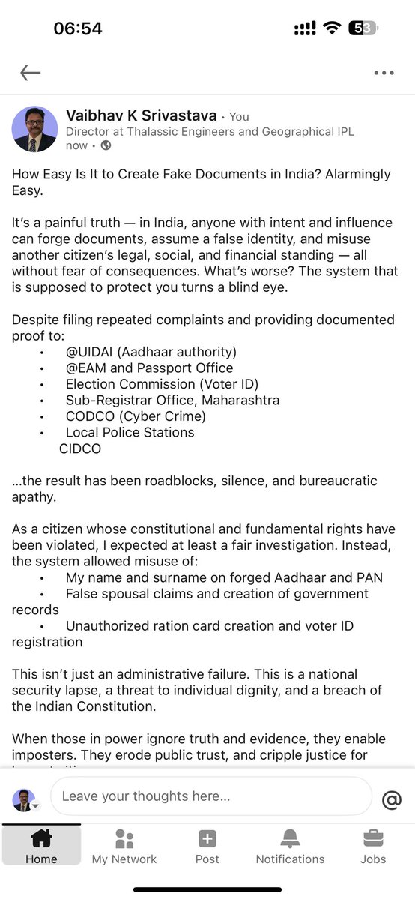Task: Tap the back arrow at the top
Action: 31,73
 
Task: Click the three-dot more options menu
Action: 383,73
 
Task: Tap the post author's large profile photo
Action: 34,129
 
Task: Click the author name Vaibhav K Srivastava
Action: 142,116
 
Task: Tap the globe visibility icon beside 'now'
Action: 106,145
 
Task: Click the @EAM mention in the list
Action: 85,367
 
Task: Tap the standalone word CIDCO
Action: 79,448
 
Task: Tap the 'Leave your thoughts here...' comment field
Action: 210,796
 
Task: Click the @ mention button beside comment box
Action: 391,800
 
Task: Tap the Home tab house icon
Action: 41,838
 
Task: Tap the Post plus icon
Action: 207,838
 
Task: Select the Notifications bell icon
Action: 290,838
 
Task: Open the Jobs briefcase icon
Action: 373,838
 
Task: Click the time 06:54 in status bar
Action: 78,28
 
